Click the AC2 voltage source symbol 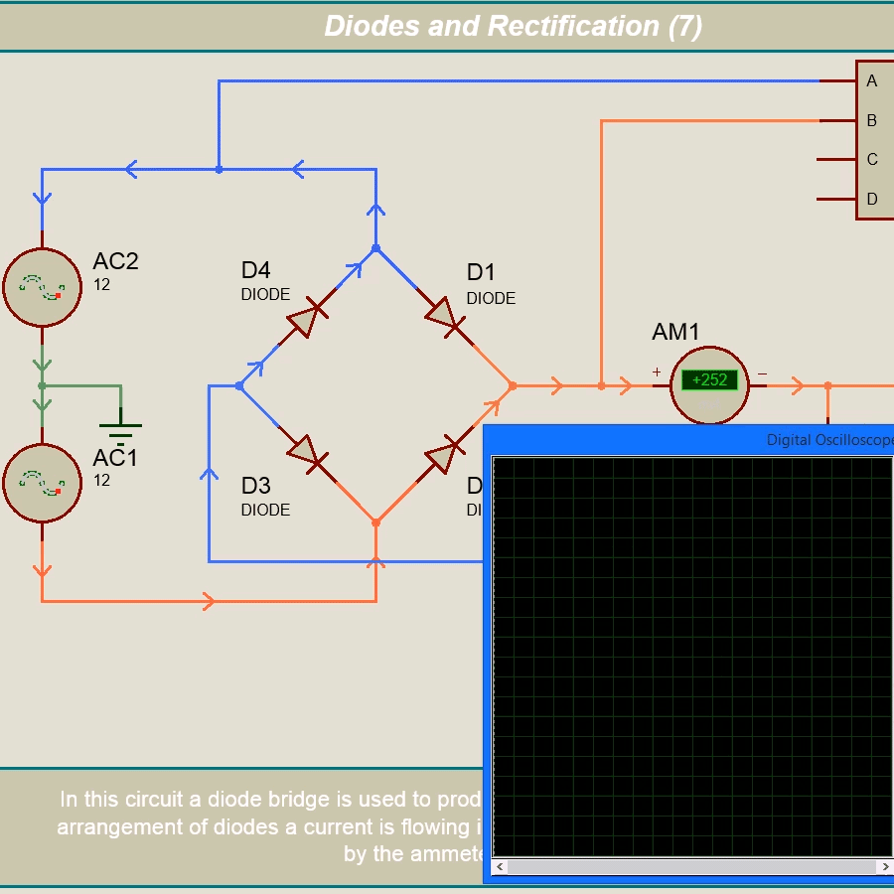coord(42,287)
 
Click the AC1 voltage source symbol coord(42,483)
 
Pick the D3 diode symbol coord(307,455)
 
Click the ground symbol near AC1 coord(120,429)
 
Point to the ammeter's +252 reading coord(709,379)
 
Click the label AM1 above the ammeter coord(675,332)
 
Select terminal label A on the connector coord(872,81)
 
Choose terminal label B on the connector coord(872,120)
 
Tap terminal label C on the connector coord(872,159)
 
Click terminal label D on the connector coord(872,199)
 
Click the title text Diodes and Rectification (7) coord(513,26)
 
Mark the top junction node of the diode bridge coord(375,248)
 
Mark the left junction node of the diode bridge coord(239,385)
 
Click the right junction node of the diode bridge coord(513,385)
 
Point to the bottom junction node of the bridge coord(375,521)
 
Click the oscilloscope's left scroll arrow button coord(500,867)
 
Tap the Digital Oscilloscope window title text coord(829,440)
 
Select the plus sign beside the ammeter coord(657,372)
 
